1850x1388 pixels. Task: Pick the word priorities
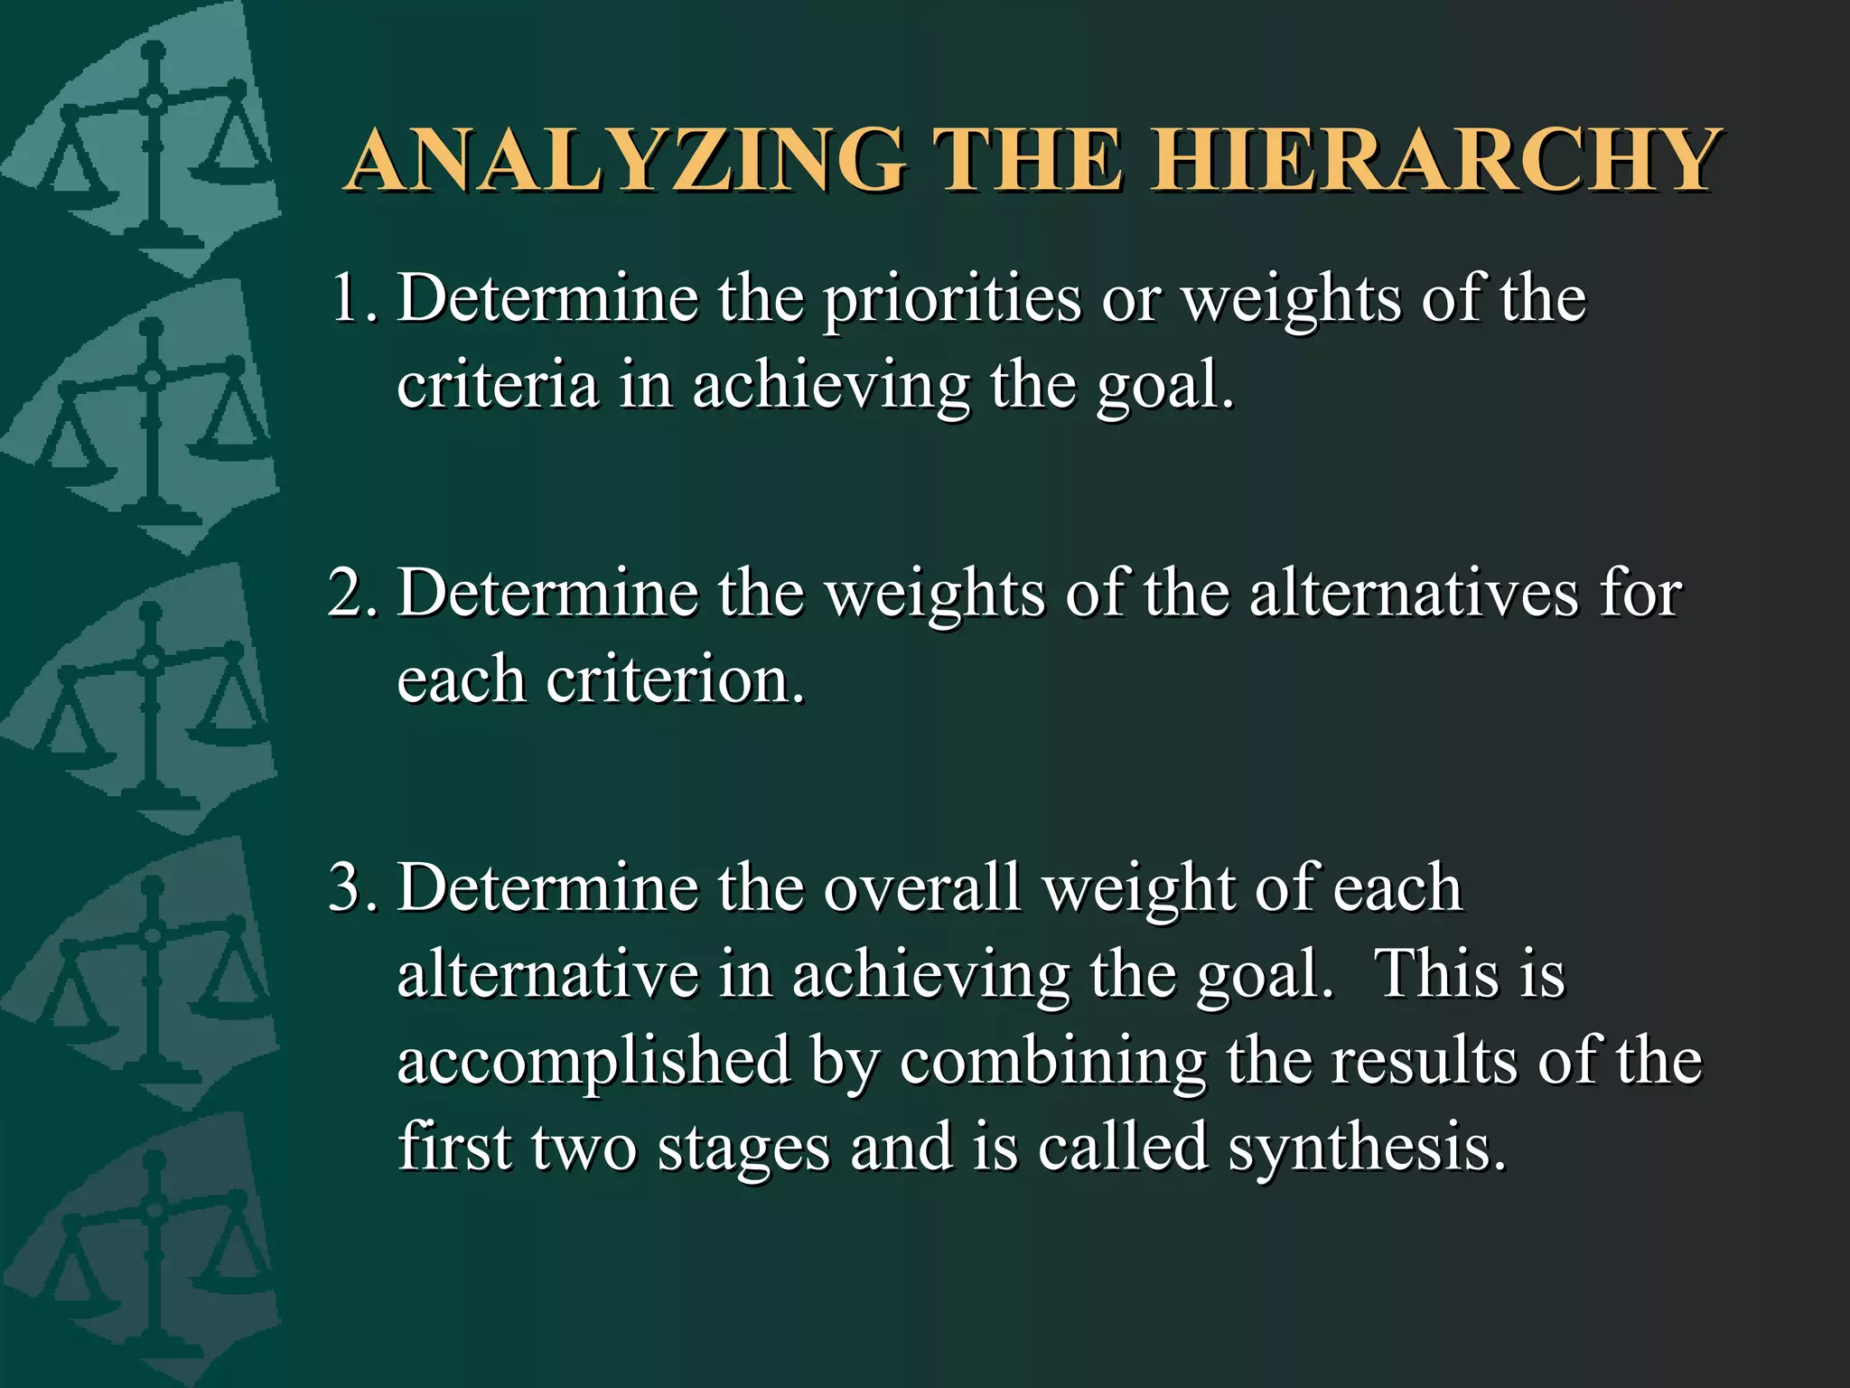coord(951,300)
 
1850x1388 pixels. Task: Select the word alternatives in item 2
coord(1414,594)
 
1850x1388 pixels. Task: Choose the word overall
coord(921,887)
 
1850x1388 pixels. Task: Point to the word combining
coord(1052,1061)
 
